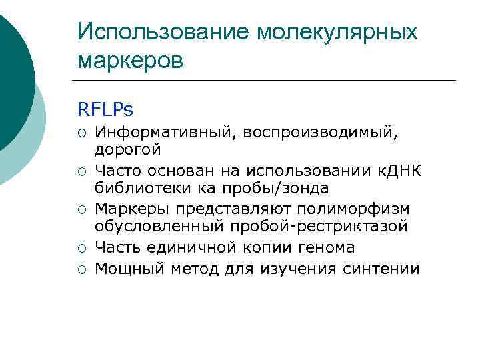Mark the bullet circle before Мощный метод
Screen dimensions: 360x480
coord(81,269)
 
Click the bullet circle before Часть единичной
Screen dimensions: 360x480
coord(81,248)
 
